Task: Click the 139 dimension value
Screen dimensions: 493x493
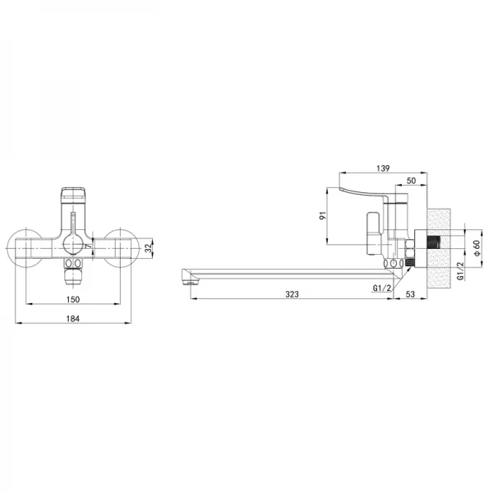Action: (x=383, y=168)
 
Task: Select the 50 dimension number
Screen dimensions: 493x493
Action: (x=411, y=181)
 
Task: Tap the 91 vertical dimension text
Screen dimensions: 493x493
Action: (x=323, y=215)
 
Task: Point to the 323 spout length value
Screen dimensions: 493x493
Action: (x=292, y=294)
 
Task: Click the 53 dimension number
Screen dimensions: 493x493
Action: (x=410, y=294)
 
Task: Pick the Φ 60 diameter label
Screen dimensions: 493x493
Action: (x=477, y=248)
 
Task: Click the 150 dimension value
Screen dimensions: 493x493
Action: (x=73, y=299)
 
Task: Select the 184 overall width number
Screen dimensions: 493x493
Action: (x=73, y=319)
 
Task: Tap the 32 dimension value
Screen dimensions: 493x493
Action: (x=148, y=248)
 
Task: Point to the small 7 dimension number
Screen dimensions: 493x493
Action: (x=89, y=246)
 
